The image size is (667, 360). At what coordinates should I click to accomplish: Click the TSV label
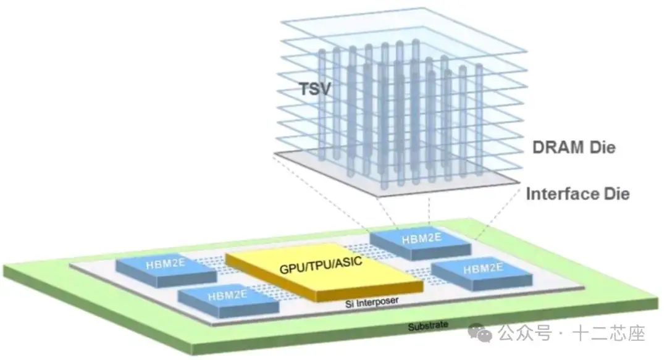coord(314,90)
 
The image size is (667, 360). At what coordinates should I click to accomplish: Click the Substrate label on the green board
coord(427,326)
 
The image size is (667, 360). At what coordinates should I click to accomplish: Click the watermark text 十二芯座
coord(609,335)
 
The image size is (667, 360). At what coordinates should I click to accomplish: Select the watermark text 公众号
coord(524,335)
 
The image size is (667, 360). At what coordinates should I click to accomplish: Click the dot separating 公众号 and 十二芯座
coord(561,335)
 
